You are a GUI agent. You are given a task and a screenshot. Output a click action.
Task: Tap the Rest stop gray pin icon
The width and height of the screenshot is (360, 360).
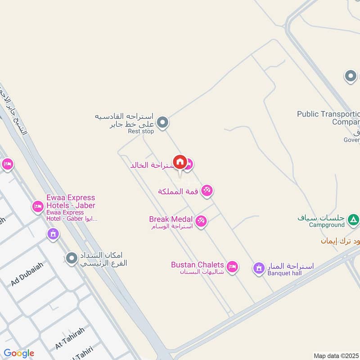163,122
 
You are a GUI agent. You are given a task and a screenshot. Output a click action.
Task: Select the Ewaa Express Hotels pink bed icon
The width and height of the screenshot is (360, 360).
38,207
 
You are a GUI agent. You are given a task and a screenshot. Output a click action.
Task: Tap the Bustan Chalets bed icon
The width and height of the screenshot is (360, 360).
232,267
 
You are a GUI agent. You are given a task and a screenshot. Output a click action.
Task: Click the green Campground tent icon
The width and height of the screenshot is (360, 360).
354,219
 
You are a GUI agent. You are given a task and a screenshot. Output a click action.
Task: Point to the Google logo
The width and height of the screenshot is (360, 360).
19,353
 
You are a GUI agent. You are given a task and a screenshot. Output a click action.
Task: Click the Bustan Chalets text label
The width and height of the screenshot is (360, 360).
197,265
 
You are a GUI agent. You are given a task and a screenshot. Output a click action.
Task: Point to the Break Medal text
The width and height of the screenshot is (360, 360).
171,219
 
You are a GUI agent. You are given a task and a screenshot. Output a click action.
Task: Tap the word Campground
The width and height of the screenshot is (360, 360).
326,225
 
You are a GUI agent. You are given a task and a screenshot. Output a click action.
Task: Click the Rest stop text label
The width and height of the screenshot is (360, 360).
141,131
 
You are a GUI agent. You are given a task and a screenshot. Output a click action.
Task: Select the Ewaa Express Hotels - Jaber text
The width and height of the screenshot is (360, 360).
71,202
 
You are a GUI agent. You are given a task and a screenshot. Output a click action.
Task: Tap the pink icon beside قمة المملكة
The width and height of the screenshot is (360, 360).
207,191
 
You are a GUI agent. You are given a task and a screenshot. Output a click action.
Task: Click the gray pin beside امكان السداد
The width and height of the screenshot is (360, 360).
71,258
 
